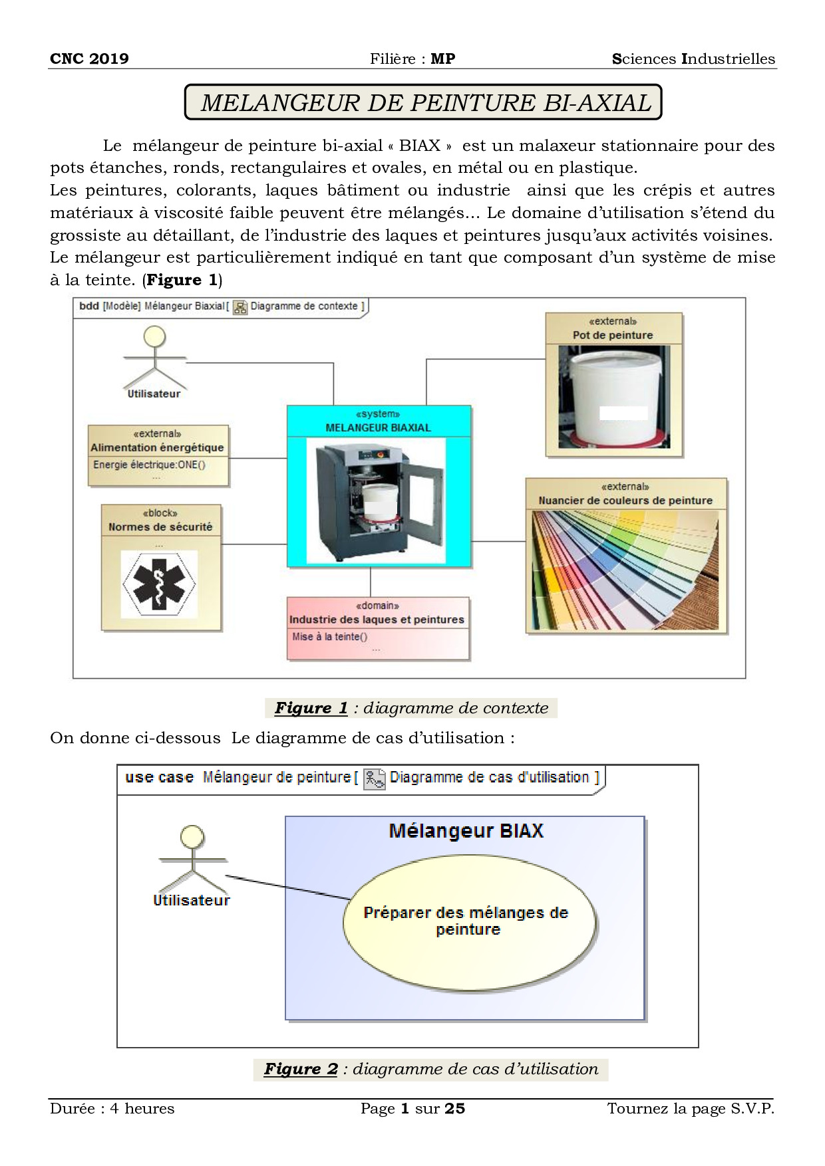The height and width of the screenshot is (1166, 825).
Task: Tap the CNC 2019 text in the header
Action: tap(89, 58)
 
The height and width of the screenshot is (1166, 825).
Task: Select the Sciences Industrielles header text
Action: tap(693, 58)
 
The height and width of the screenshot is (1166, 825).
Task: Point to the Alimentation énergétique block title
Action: tap(158, 447)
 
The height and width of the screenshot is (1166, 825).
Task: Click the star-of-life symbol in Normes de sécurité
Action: tap(159, 583)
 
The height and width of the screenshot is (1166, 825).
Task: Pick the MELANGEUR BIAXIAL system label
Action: tap(378, 427)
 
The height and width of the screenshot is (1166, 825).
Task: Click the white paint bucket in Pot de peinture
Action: tap(613, 395)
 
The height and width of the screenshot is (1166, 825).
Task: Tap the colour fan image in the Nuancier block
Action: tap(625, 570)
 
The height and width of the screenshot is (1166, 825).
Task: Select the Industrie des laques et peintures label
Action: tap(377, 620)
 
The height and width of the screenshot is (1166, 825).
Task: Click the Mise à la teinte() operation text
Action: tap(329, 637)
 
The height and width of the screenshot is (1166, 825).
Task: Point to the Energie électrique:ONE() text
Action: tap(149, 465)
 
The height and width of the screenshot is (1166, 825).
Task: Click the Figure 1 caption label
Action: tap(311, 708)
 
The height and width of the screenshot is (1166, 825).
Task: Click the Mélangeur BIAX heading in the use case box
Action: tap(466, 831)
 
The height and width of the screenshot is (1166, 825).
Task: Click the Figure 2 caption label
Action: tap(301, 1069)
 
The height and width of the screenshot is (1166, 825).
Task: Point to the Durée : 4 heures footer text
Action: tap(112, 1109)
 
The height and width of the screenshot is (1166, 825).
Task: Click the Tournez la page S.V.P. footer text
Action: tap(691, 1109)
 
